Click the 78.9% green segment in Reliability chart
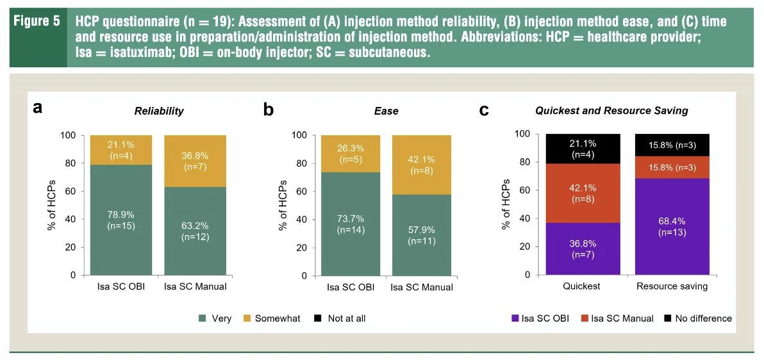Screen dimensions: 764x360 pyautogui.click(x=121, y=220)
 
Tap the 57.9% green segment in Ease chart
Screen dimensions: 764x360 pyautogui.click(x=421, y=235)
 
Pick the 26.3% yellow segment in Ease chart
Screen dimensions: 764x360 pyautogui.click(x=351, y=154)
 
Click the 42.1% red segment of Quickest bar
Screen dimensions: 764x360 pyautogui.click(x=583, y=193)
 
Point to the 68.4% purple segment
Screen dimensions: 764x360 pyautogui.click(x=672, y=227)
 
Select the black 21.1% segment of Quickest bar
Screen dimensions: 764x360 pyautogui.click(x=583, y=149)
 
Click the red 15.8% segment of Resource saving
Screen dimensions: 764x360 pyautogui.click(x=672, y=168)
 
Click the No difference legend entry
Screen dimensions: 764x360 pyautogui.click(x=697, y=318)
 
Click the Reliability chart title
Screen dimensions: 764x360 pyautogui.click(x=160, y=111)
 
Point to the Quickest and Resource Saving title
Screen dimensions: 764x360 pyautogui.click(x=611, y=111)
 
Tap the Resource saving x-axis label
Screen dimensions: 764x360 pyautogui.click(x=672, y=286)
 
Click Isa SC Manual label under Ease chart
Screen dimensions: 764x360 pyautogui.click(x=422, y=287)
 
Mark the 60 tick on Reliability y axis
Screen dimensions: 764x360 pyautogui.click(x=72, y=191)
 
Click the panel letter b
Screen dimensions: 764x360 pyautogui.click(x=269, y=109)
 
